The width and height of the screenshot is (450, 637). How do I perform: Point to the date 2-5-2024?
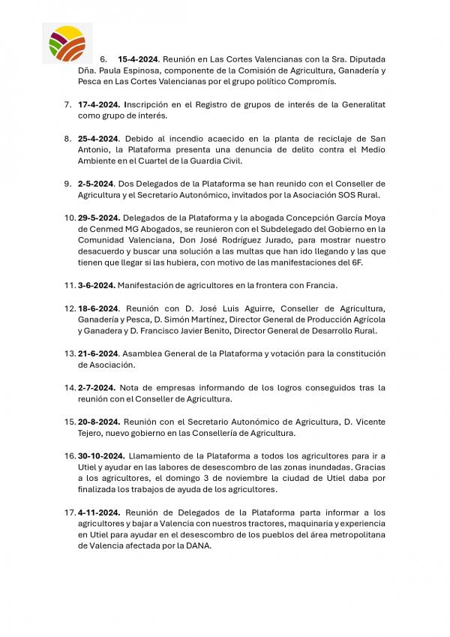pos(95,183)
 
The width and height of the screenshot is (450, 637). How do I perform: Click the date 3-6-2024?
pos(95,285)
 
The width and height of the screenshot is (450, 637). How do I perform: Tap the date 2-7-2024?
pos(95,387)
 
